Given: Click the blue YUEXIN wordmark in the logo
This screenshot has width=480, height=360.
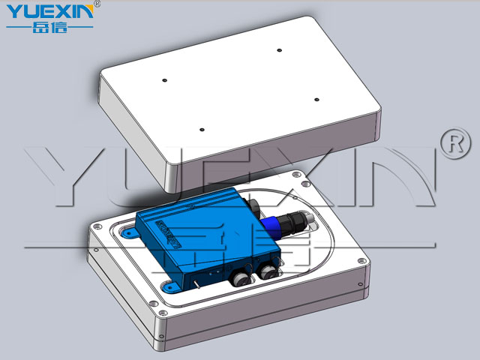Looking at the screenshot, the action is coord(50,12).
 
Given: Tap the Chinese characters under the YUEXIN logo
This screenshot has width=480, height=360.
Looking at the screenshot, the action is coord(49,28).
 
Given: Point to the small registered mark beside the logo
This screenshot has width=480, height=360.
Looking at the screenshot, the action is coord(97,4).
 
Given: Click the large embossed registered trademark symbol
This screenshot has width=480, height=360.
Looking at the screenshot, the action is coord(456,143).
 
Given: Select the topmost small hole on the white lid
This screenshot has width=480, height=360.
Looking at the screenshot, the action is coord(279,50).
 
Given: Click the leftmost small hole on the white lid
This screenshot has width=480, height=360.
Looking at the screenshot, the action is coord(164,80).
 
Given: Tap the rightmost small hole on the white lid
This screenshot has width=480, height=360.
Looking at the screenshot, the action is coord(316,100).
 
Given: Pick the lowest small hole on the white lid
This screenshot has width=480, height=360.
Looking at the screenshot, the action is coord(202,130).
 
